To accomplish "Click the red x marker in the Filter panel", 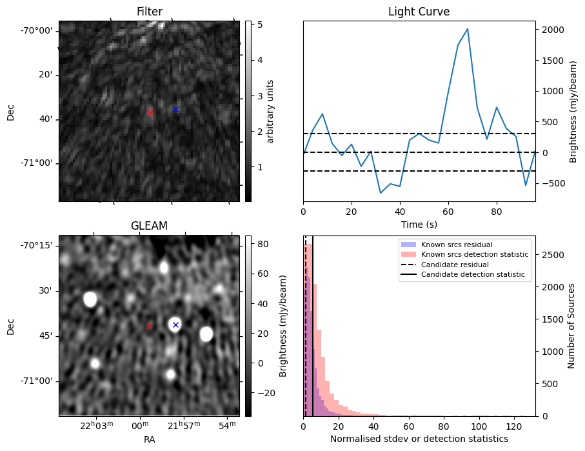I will (x=150, y=112).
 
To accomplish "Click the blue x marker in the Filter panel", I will (x=175, y=109).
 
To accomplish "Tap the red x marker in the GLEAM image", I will (x=149, y=326).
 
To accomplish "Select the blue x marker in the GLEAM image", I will (x=175, y=325).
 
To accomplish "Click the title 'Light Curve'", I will (x=419, y=12).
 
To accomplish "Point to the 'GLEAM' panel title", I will (x=149, y=226).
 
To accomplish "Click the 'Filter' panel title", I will (x=150, y=12).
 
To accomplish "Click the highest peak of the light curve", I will (x=467, y=29).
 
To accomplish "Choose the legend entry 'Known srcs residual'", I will (x=456, y=245).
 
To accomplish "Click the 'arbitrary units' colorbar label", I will (x=271, y=111).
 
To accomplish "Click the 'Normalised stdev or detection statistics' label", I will (x=419, y=439).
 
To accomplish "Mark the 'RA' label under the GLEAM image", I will (x=149, y=439).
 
